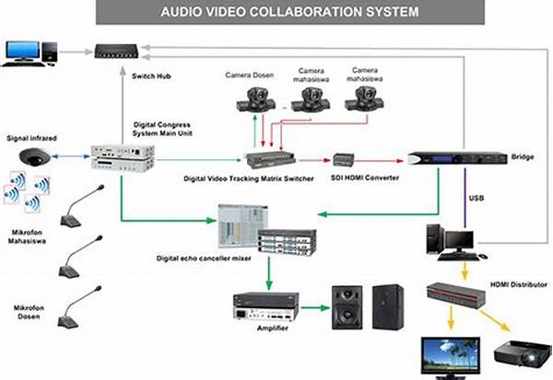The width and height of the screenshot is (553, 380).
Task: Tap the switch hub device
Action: [x=123, y=52]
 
